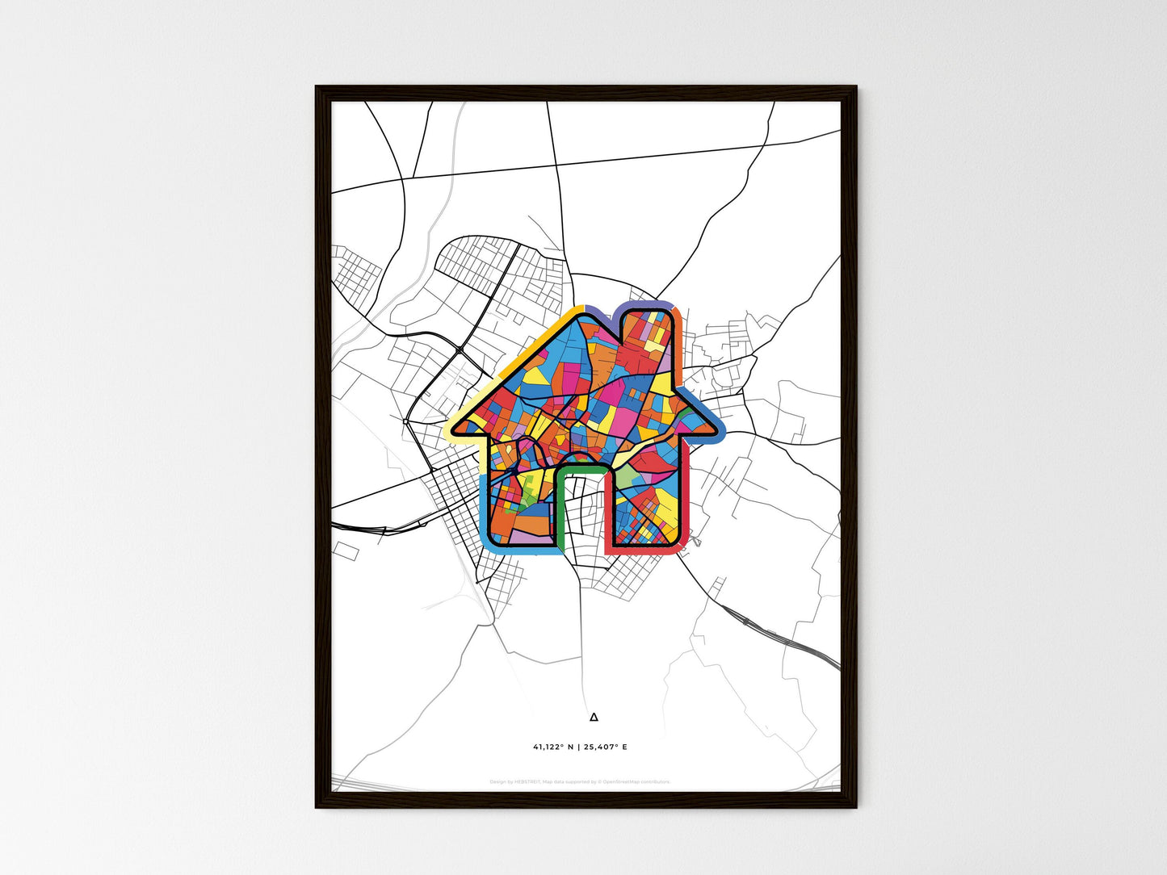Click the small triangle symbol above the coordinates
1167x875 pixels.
tap(594, 716)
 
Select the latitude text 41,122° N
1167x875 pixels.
tap(552, 747)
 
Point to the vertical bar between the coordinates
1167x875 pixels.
tap(578, 747)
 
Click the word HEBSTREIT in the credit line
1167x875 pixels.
tap(527, 781)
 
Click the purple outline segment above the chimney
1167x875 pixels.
tap(646, 304)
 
